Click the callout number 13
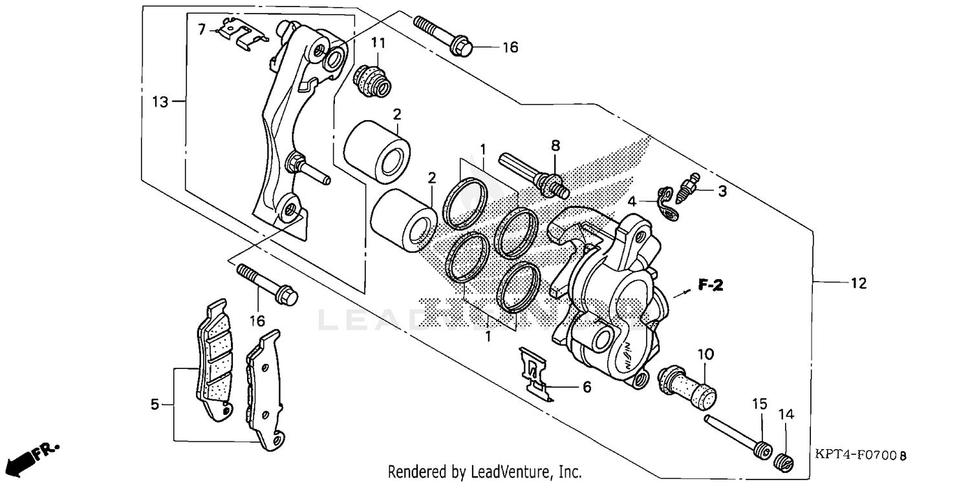pos(160,101)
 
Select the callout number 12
pos(858,283)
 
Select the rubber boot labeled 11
pos(372,80)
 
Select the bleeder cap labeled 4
pos(666,203)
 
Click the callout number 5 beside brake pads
pos(155,405)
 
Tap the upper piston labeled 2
pos(376,151)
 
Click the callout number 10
pos(705,353)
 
